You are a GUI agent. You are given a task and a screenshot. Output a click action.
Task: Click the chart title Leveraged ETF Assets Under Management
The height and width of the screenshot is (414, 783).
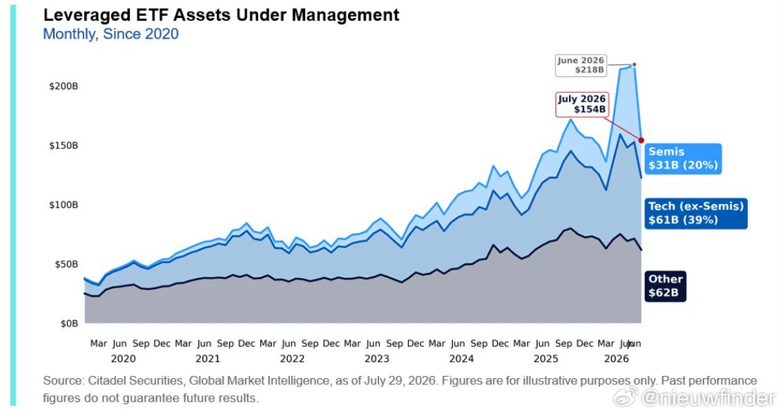coord(221,15)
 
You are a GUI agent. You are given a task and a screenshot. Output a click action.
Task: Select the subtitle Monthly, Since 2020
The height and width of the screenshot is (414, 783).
coord(111,34)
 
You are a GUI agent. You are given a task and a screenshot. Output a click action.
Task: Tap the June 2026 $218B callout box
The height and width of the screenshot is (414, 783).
coord(581,66)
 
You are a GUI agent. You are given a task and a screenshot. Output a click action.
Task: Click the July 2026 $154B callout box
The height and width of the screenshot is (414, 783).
coord(582,104)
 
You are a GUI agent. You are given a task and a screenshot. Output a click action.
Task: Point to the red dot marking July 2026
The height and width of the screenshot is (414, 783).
coord(641,140)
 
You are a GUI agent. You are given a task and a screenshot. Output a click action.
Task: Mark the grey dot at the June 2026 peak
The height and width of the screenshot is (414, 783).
coord(634,64)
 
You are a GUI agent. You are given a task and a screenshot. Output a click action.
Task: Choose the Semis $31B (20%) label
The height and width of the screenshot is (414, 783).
coord(683,158)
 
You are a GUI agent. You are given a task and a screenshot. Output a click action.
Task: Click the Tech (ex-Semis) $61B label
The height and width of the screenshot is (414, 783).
coord(695,213)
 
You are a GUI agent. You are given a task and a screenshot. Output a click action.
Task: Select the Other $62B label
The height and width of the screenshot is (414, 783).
coord(665,286)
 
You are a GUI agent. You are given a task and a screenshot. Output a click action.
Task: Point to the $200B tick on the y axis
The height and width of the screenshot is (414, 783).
coord(64,86)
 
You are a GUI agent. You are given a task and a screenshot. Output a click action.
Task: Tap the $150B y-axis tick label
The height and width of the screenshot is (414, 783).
coord(64,146)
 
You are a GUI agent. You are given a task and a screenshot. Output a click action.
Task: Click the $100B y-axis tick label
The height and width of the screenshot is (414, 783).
coord(64,205)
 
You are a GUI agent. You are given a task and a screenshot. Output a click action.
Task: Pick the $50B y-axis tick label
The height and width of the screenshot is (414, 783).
coord(66,264)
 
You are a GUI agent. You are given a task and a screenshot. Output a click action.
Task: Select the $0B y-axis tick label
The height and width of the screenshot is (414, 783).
coord(70,323)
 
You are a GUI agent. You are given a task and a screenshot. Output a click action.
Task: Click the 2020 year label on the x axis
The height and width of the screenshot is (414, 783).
coord(124,359)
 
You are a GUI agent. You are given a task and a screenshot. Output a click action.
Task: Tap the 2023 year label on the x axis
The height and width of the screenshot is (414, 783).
coord(377,359)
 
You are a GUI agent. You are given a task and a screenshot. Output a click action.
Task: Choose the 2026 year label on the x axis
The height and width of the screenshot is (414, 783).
coord(617,359)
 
